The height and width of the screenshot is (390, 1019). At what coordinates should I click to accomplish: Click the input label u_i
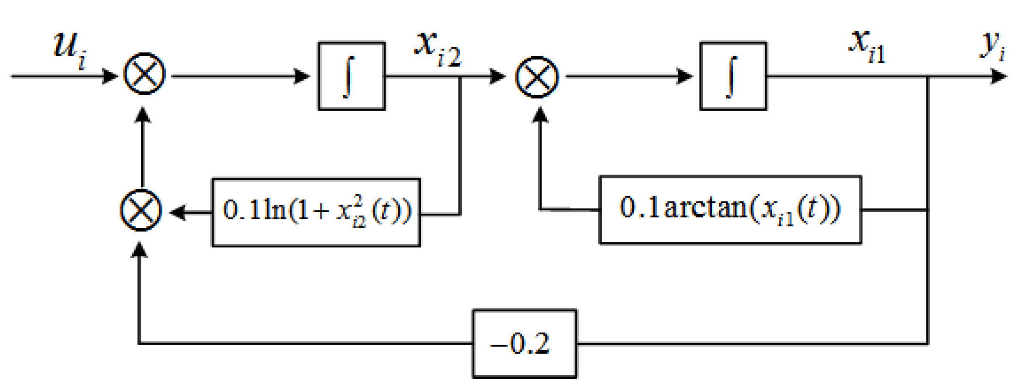click(x=69, y=49)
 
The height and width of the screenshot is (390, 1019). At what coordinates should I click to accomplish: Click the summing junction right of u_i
click(x=145, y=74)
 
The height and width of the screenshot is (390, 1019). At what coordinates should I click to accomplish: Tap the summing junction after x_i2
click(x=537, y=77)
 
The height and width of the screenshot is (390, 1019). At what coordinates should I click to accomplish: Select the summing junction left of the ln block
click(x=141, y=210)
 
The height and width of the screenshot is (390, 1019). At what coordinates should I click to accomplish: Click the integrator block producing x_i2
click(x=352, y=76)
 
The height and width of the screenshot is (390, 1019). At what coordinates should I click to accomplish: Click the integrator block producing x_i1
click(x=733, y=76)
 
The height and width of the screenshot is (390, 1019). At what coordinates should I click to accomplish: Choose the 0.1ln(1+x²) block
click(x=316, y=212)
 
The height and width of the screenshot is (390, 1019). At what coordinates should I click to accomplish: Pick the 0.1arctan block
click(x=730, y=210)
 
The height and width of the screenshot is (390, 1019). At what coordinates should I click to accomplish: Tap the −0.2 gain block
click(x=525, y=344)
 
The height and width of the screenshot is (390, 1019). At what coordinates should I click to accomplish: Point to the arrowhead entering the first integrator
click(x=302, y=76)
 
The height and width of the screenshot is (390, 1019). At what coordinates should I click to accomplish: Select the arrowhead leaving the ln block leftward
click(x=178, y=212)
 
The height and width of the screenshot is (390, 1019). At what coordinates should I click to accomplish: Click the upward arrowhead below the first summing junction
click(x=142, y=115)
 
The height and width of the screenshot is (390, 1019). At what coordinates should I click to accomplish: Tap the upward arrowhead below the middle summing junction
click(x=540, y=115)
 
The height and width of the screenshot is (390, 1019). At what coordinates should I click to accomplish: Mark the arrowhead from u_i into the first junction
click(x=110, y=76)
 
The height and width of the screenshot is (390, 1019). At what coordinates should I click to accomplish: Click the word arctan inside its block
click(x=704, y=208)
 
